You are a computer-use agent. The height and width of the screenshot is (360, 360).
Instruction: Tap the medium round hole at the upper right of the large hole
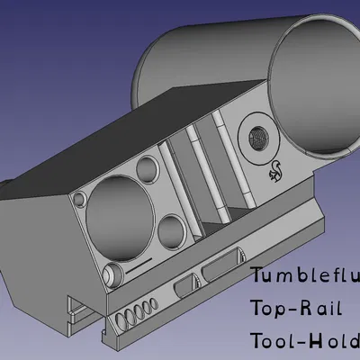click(145, 168)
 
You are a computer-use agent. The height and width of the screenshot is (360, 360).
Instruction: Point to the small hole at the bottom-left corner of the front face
click(110, 273)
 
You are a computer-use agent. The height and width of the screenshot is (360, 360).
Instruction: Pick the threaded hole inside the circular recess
click(258, 138)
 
